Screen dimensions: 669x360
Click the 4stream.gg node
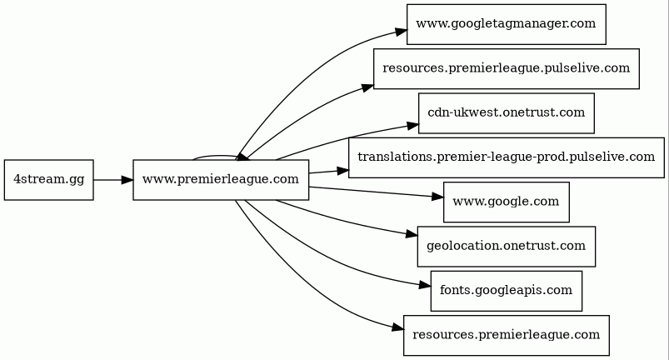(48, 179)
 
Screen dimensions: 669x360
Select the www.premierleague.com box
(221, 179)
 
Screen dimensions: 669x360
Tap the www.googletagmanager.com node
(506, 24)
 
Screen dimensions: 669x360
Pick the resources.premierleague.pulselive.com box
(506, 68)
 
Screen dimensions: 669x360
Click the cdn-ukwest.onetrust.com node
(506, 113)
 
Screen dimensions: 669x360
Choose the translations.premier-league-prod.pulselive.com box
(506, 157)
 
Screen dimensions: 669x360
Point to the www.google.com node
(506, 202)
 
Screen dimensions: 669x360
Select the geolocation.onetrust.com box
(506, 246)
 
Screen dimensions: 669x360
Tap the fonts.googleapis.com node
(506, 291)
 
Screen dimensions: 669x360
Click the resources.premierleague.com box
(506, 335)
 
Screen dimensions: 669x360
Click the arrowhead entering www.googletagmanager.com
(401, 31)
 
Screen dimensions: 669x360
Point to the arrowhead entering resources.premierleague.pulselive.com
(367, 87)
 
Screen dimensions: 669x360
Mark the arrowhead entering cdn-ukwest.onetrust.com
(412, 125)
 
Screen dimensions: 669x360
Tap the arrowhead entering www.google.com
(437, 196)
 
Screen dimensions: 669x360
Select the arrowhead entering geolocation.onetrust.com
(412, 234)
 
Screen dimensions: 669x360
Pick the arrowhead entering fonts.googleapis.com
(425, 284)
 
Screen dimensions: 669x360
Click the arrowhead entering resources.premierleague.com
(397, 328)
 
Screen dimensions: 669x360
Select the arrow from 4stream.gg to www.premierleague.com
(113, 179)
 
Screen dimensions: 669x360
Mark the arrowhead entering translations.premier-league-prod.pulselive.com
(342, 171)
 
